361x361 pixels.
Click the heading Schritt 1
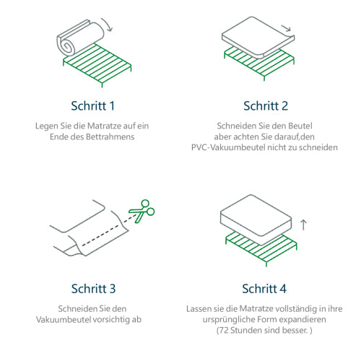tap(92, 106)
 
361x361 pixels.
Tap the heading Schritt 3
tap(92, 289)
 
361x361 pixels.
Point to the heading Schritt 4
tap(264, 289)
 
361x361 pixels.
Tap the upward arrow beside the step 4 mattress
tap(303, 225)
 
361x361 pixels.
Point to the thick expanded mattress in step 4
tap(256, 219)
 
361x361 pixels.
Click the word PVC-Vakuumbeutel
tap(227, 147)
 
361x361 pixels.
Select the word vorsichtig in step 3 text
tap(118, 319)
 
